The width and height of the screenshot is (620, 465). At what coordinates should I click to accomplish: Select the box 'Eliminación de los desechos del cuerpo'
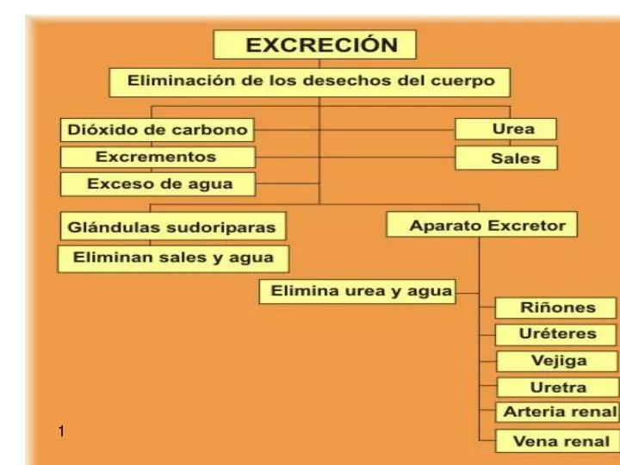(310, 82)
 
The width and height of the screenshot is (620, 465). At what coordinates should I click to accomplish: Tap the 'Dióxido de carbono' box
(158, 131)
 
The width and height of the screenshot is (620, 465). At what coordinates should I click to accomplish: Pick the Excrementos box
(158, 158)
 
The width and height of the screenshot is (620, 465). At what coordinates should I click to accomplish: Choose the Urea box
(505, 130)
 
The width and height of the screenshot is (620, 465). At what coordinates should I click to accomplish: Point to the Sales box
(505, 158)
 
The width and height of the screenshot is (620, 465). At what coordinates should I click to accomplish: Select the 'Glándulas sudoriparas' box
(173, 227)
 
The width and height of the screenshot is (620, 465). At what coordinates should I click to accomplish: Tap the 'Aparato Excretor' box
(481, 226)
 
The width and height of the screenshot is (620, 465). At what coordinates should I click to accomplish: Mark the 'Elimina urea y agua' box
(357, 291)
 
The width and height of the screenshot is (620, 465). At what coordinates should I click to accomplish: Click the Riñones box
(557, 308)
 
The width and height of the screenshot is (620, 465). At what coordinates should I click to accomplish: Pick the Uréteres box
(557, 334)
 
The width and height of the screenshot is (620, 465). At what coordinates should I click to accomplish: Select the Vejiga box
(557, 361)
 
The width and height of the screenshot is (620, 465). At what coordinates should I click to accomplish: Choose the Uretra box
(557, 387)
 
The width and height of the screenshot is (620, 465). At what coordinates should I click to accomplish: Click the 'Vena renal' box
(557, 440)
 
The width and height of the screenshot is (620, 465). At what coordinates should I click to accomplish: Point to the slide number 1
(62, 430)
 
